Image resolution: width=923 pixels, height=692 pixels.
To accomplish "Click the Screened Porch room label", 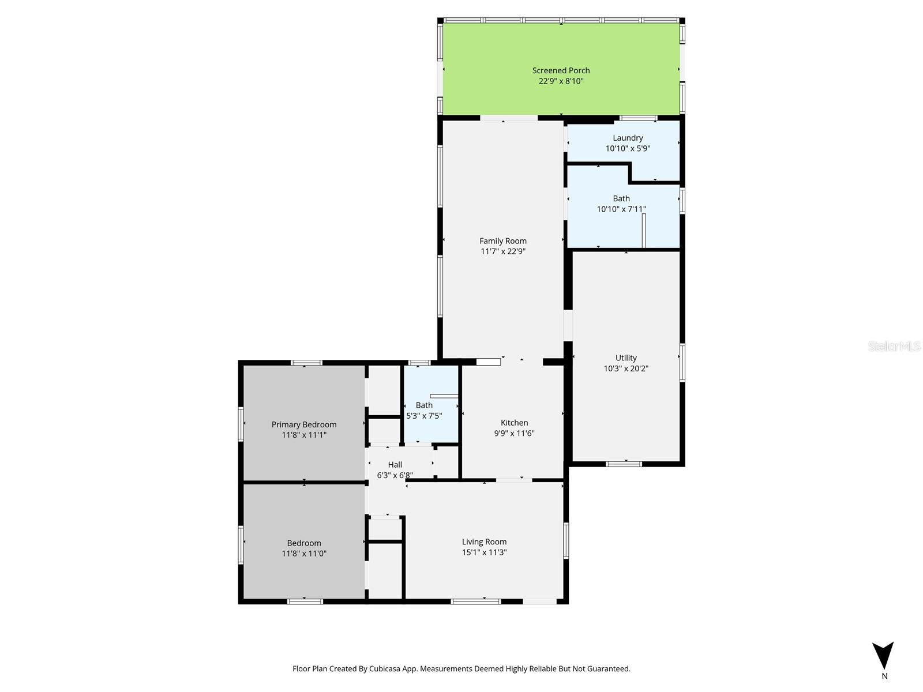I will coord(561,70).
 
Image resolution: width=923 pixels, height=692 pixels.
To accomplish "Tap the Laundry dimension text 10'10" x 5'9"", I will coord(628,148).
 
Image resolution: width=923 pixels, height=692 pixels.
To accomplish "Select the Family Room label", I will coord(503,241).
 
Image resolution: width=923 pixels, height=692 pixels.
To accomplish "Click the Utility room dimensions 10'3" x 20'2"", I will coord(626,368).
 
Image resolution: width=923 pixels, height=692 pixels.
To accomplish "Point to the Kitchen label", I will coord(514,423).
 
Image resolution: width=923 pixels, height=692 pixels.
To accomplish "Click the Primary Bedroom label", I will coord(304,424).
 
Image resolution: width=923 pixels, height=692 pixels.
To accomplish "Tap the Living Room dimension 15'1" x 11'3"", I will coord(484,552).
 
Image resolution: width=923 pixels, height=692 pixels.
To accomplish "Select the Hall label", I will coord(395,465).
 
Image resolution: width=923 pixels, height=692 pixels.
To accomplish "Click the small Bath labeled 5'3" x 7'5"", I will coord(424,410).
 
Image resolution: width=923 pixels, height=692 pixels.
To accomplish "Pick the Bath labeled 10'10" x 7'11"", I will coord(621,204).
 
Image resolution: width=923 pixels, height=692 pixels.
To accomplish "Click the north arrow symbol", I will coord(883,655).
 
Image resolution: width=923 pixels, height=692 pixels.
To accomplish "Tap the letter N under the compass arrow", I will coord(884,676).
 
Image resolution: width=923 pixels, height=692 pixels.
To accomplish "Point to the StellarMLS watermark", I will coord(894,347).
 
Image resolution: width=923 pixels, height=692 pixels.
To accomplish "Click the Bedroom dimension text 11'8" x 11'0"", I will coord(304,554).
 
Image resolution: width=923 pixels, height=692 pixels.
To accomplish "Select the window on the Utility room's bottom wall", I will coord(624,464).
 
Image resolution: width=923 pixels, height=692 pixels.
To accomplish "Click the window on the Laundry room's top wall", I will coord(638,118).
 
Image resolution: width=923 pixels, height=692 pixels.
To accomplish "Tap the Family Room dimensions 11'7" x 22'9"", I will coord(503,251).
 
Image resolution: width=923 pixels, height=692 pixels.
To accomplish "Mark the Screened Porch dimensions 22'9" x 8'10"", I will coord(561,81).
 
